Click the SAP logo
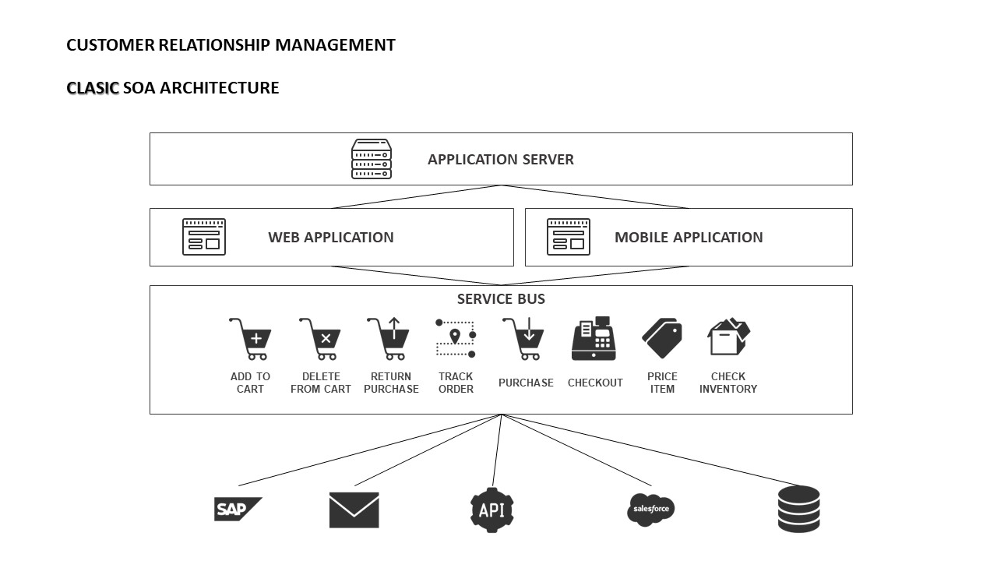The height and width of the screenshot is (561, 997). click(237, 510)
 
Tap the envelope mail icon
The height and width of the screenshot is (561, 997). click(354, 510)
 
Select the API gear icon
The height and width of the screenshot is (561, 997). click(492, 510)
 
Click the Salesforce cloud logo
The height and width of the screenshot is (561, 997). click(650, 510)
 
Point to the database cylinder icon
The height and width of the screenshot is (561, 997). click(799, 509)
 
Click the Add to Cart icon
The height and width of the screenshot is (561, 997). click(250, 339)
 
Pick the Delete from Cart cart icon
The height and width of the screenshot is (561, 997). click(320, 339)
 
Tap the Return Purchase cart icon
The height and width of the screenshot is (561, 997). click(389, 339)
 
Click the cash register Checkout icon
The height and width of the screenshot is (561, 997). click(594, 339)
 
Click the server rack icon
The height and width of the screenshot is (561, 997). click(372, 159)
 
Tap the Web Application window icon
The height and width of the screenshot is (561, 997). click(204, 237)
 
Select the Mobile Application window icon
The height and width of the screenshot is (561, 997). click(569, 237)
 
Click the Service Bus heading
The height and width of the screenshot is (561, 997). click(501, 299)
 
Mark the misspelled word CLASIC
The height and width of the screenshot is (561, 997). click(93, 88)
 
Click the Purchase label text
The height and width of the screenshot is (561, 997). click(526, 383)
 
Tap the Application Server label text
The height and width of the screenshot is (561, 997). click(501, 160)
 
